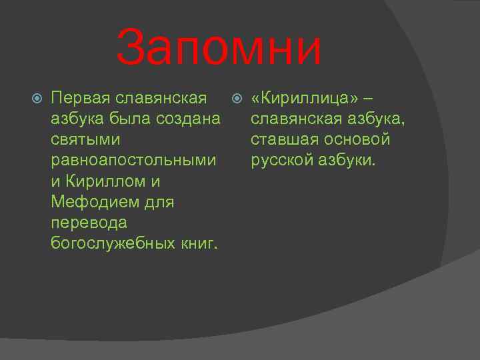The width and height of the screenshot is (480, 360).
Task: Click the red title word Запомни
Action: click(219, 49)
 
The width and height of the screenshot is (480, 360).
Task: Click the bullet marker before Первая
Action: click(37, 99)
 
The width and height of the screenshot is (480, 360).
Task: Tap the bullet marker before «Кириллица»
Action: click(237, 99)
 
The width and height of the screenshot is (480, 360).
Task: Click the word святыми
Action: click(85, 141)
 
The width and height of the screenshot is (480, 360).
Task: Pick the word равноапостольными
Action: click(133, 161)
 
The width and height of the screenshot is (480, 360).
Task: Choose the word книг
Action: click(199, 243)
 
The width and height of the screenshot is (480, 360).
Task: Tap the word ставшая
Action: click(285, 141)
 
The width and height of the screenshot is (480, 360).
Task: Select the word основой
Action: click(359, 141)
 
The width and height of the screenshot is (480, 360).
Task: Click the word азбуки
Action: click(350, 161)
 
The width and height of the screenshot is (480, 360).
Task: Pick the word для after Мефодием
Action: click(160, 201)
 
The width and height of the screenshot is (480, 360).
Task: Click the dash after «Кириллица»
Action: click(369, 99)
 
